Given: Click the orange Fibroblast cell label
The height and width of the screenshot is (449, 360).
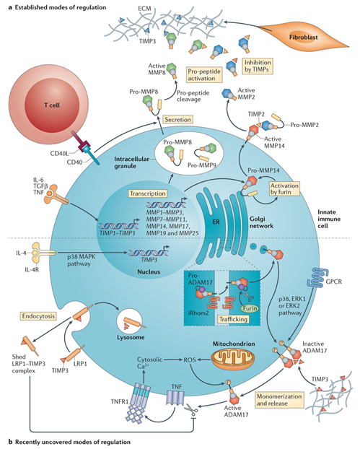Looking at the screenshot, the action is [x=303, y=37].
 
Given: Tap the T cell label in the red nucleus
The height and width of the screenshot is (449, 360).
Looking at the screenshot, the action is [x=52, y=105].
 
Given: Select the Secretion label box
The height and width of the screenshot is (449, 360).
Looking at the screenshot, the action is [x=177, y=119].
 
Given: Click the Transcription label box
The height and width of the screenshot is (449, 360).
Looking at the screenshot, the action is [x=148, y=193].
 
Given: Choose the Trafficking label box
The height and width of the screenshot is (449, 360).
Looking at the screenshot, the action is [x=233, y=319].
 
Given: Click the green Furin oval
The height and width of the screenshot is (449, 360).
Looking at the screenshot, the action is [x=250, y=309].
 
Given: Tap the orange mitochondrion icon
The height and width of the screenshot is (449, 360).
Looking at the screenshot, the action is [x=232, y=359].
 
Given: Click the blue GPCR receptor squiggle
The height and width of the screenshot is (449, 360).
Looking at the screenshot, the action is [x=315, y=277].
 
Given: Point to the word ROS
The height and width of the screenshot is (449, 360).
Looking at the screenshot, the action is [x=190, y=359].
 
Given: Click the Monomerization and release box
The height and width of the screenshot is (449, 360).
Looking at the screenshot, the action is [x=278, y=400].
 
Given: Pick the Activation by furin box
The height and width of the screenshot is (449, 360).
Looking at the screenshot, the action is [x=284, y=188].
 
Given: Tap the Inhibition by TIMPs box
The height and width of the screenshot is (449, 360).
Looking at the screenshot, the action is [x=258, y=66].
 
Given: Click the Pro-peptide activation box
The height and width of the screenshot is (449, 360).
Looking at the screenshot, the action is [x=204, y=75].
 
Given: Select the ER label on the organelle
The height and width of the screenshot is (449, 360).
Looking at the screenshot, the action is [x=216, y=222].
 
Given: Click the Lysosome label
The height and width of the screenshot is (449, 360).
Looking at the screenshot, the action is [x=131, y=337].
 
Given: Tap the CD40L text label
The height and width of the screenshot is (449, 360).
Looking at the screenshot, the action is [x=59, y=154].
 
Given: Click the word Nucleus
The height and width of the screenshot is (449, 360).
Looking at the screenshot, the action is [x=149, y=271].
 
